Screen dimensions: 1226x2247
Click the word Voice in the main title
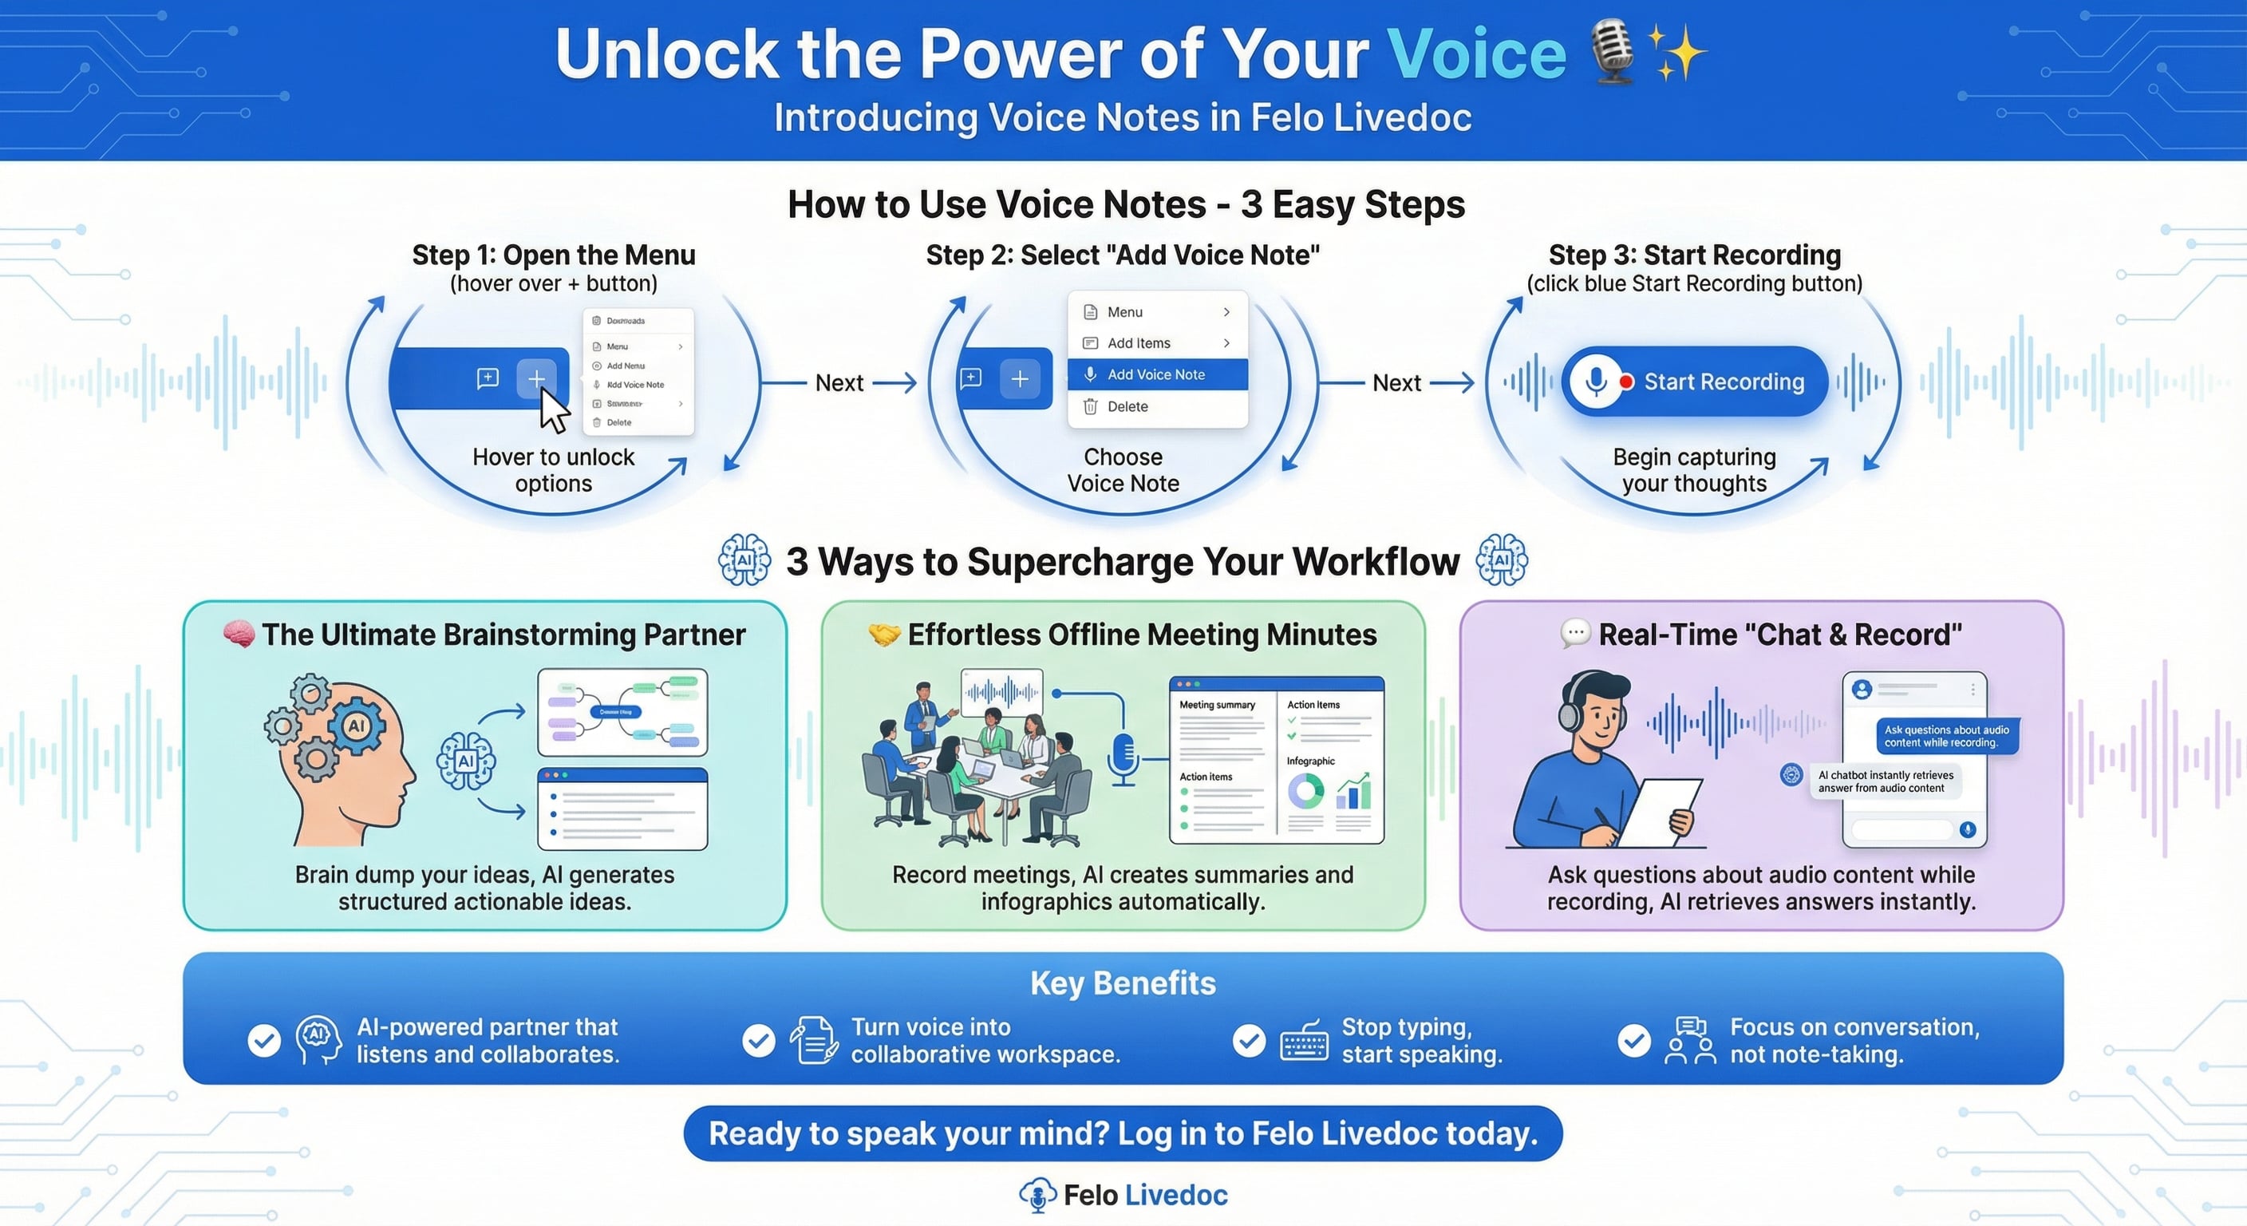pyautogui.click(x=1476, y=54)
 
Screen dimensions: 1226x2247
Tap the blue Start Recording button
pyautogui.click(x=1694, y=382)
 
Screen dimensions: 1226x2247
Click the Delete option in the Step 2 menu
pyautogui.click(x=1127, y=406)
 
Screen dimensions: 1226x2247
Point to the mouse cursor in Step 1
pyautogui.click(x=552, y=409)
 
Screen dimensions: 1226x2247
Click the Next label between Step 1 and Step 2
pyautogui.click(x=839, y=382)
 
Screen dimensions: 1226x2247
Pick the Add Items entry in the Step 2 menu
pyautogui.click(x=1139, y=343)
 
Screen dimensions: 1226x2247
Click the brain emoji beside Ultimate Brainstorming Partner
pyautogui.click(x=238, y=634)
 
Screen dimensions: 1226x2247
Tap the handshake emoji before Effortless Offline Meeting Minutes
pyautogui.click(x=883, y=635)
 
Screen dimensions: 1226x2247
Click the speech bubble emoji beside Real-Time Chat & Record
pyautogui.click(x=1574, y=634)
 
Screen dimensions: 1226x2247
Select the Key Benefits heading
pyautogui.click(x=1123, y=983)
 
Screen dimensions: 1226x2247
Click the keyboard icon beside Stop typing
pyautogui.click(x=1304, y=1040)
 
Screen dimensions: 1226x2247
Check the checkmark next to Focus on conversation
pyautogui.click(x=1634, y=1040)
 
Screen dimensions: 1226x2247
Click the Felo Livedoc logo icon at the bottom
pyautogui.click(x=1037, y=1195)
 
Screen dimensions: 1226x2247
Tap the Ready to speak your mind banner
pyautogui.click(x=1123, y=1133)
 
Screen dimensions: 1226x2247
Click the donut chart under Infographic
pyautogui.click(x=1305, y=792)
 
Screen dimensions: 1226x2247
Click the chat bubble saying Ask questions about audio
pyautogui.click(x=1946, y=737)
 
